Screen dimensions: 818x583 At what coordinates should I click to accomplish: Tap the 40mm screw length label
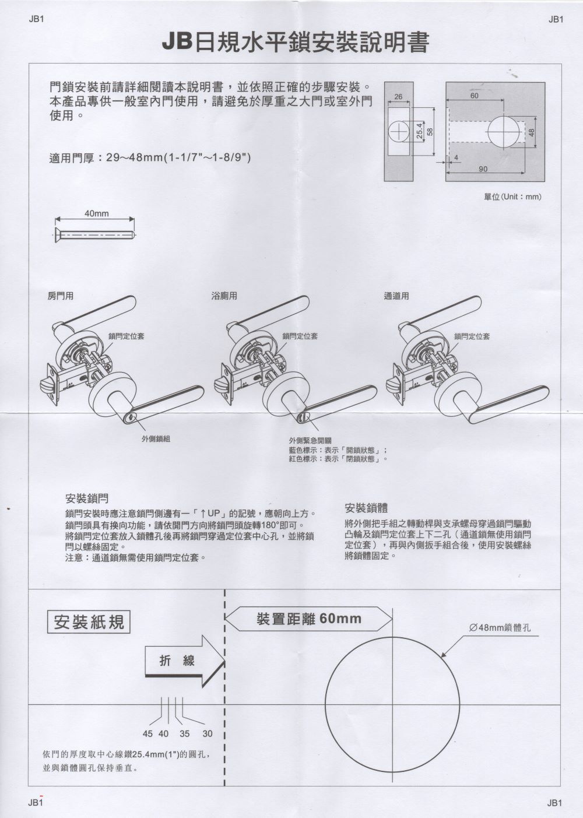click(96, 213)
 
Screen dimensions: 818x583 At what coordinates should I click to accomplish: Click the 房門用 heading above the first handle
click(60, 296)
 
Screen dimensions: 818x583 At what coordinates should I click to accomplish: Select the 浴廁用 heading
click(224, 296)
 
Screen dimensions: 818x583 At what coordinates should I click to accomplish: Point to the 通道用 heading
click(396, 296)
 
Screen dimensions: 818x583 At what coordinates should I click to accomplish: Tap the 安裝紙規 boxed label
click(89, 622)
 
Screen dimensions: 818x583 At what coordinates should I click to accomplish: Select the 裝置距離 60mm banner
click(309, 619)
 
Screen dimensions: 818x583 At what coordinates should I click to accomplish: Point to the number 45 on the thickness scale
click(147, 733)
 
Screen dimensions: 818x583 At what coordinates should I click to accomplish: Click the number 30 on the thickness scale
click(208, 733)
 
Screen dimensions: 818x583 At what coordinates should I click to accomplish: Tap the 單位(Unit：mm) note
click(512, 197)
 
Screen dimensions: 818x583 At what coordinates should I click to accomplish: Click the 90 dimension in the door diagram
click(483, 169)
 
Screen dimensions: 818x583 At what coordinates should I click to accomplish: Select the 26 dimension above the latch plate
click(398, 96)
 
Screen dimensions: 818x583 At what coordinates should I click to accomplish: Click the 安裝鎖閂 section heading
click(87, 499)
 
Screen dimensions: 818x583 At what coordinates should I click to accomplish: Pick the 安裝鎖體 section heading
click(366, 508)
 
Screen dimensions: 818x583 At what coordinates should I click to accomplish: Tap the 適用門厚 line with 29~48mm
click(150, 158)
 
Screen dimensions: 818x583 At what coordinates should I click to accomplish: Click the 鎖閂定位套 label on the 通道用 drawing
click(472, 336)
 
